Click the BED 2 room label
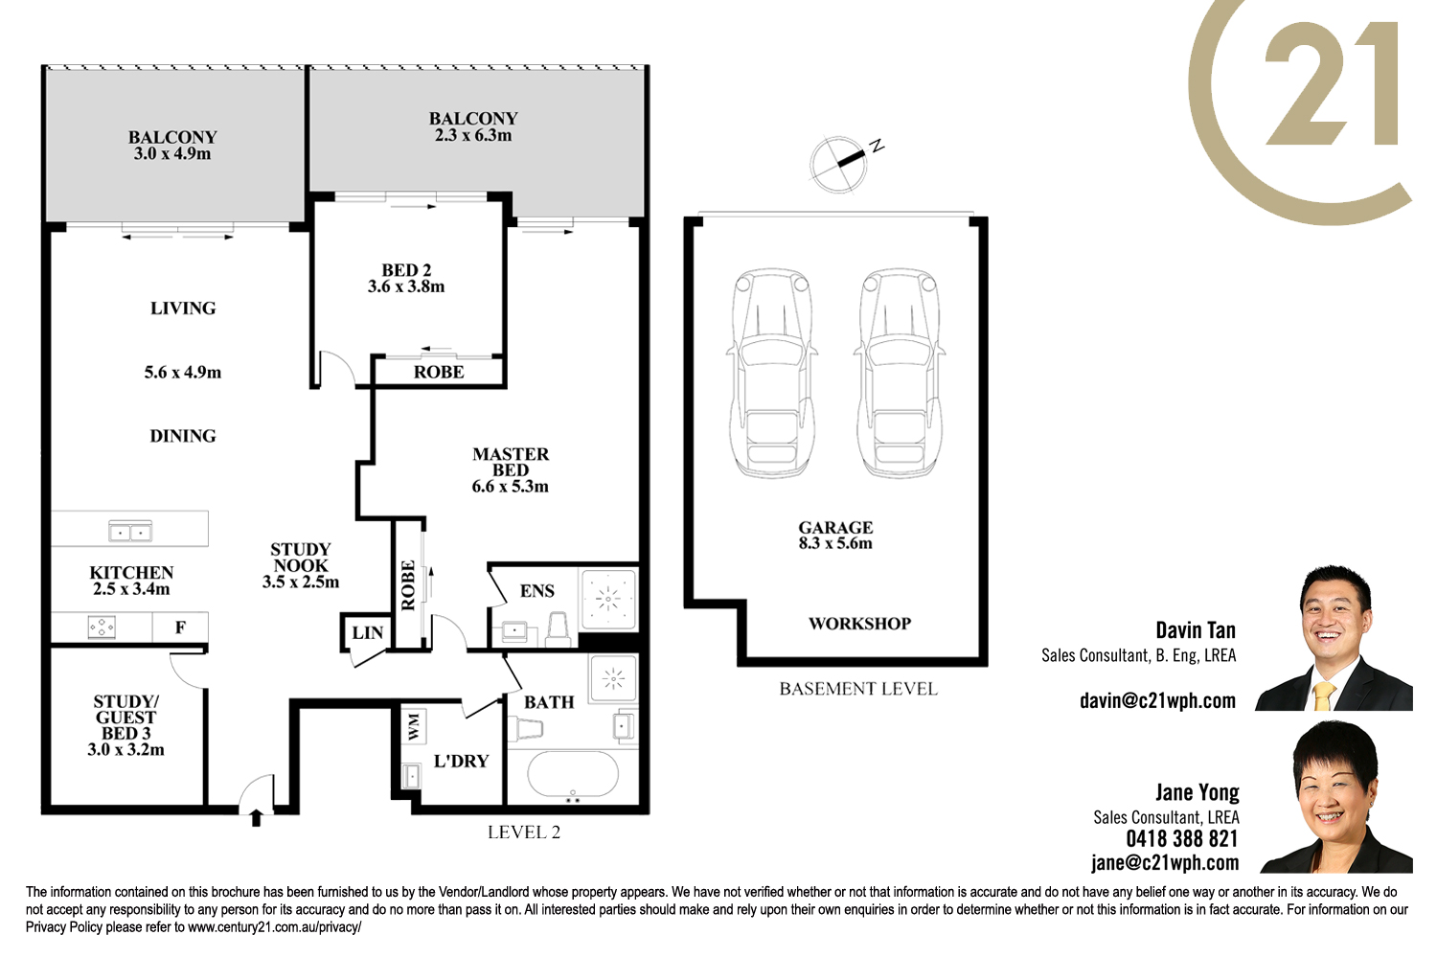[406, 270]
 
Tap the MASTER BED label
[511, 462]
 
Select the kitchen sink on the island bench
[130, 532]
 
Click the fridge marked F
[180, 627]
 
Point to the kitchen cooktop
[102, 627]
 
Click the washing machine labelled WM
[414, 726]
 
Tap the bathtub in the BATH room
[573, 774]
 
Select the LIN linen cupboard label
[368, 632]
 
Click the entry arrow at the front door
[256, 818]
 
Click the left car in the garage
[772, 373]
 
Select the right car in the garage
[899, 373]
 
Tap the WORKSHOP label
[859, 624]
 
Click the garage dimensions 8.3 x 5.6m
[835, 543]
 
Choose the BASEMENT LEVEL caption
[858, 689]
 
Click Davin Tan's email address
[1157, 700]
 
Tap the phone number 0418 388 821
[1181, 838]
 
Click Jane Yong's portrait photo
[1335, 797]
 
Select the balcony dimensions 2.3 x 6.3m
[473, 135]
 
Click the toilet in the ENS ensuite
[559, 628]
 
